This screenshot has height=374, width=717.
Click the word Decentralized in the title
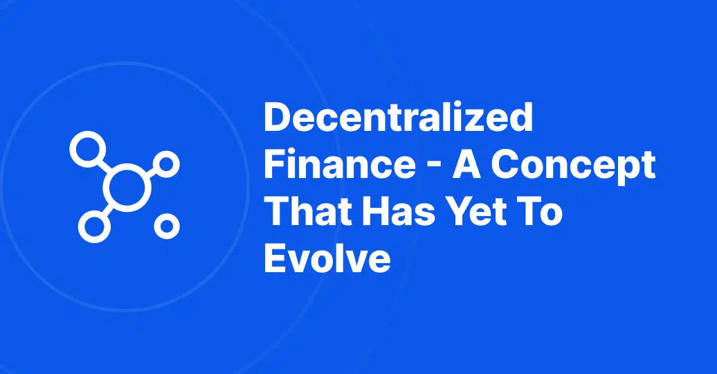[398, 117]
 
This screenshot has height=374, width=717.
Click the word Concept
[574, 167]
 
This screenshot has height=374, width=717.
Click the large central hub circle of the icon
[127, 188]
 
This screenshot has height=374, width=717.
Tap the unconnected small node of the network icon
[167, 226]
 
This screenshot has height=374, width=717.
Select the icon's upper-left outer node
[88, 149]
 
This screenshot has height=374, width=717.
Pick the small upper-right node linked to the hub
[166, 164]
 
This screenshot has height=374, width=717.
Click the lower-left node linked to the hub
[94, 226]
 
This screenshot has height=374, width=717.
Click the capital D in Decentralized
[278, 117]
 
